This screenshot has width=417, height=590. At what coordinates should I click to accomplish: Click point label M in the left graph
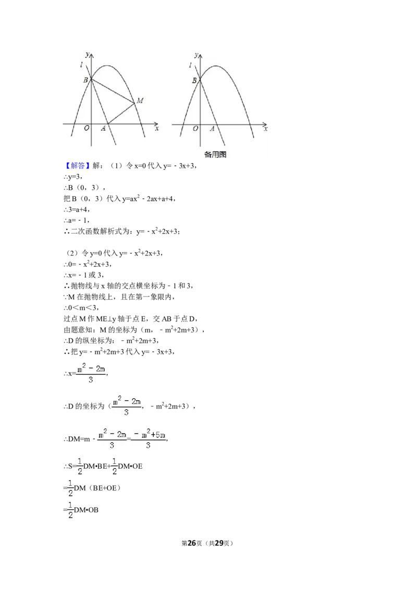coord(140,100)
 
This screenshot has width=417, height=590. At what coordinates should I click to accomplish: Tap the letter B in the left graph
coord(85,80)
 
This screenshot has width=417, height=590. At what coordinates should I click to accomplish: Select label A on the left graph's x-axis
coord(103,129)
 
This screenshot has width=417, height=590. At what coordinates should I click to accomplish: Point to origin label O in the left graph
coord(87,129)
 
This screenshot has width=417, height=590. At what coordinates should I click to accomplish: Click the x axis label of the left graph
coord(156,128)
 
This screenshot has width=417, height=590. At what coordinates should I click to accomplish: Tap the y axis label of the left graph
coord(87,54)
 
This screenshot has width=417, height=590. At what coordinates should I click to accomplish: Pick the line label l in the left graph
coord(81,65)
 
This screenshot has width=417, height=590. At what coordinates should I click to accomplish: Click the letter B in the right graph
coord(194,80)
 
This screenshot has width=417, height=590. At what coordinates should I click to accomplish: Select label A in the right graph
coord(212,129)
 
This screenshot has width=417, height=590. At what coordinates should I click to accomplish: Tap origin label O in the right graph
coord(195,129)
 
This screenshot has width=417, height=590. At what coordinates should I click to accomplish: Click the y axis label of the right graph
coord(195,54)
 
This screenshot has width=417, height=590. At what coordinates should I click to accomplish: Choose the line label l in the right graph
coord(190,65)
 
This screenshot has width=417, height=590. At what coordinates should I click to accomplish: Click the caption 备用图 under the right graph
coord(215,154)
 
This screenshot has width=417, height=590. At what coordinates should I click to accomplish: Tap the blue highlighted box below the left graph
coord(78,166)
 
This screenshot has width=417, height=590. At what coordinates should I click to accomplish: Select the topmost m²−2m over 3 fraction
coord(91,373)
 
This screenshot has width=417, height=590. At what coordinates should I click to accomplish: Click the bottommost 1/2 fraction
coord(71,510)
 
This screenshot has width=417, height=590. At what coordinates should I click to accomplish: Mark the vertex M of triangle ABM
coord(134,102)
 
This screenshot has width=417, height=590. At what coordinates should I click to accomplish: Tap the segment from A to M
coord(121,113)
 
